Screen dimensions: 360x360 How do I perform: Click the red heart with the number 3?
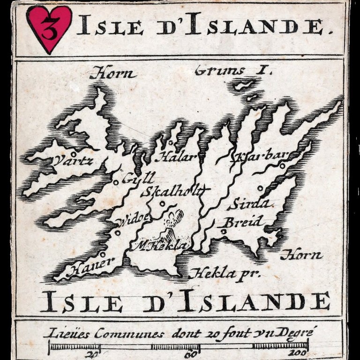pyautogui.click(x=49, y=28)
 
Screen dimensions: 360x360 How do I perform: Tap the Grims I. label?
pyautogui.click(x=233, y=71)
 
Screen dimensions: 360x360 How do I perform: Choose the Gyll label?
pyautogui.click(x=138, y=179)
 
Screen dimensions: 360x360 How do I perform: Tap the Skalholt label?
pyautogui.click(x=172, y=191)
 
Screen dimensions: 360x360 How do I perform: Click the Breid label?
pyautogui.click(x=243, y=222)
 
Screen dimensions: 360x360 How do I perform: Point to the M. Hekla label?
pyautogui.click(x=162, y=246)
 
